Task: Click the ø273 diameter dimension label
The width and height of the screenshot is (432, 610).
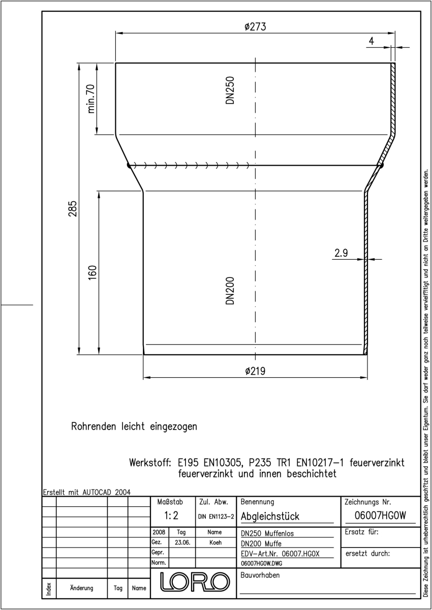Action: tap(255, 26)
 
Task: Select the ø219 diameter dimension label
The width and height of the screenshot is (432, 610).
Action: tap(255, 371)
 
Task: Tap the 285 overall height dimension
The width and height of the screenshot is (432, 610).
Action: tap(73, 208)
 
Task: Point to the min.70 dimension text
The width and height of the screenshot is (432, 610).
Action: tap(91, 99)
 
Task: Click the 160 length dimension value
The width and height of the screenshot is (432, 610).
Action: tap(92, 272)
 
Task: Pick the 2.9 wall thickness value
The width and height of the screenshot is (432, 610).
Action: tap(341, 253)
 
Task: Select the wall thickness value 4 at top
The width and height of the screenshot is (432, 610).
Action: tap(372, 41)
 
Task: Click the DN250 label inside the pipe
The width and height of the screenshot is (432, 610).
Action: tap(230, 90)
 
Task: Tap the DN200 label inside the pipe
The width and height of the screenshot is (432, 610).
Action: tap(230, 291)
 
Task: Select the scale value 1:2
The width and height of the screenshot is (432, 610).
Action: tap(171, 515)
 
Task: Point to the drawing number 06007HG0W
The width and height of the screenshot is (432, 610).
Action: tap(380, 515)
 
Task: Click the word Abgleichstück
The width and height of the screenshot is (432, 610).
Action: tap(270, 516)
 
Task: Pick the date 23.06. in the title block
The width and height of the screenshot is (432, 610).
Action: tap(182, 542)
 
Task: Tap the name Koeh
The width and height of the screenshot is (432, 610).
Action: tap(215, 542)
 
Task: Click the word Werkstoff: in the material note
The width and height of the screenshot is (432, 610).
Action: tap(150, 463)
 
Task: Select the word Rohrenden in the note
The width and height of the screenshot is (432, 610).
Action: tap(94, 426)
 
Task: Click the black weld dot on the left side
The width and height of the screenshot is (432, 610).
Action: tap(129, 165)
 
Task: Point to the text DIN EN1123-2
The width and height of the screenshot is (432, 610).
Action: tap(216, 516)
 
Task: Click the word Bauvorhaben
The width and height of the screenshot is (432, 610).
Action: tap(260, 575)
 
